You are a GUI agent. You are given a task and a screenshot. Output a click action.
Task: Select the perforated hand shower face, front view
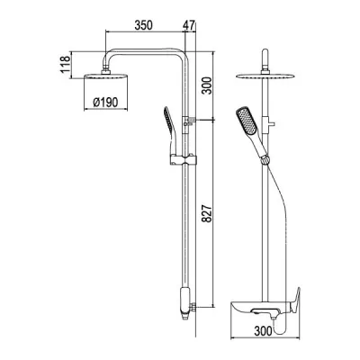click(244, 121)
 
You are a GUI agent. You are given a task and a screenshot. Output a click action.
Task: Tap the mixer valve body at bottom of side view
click(184, 301)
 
